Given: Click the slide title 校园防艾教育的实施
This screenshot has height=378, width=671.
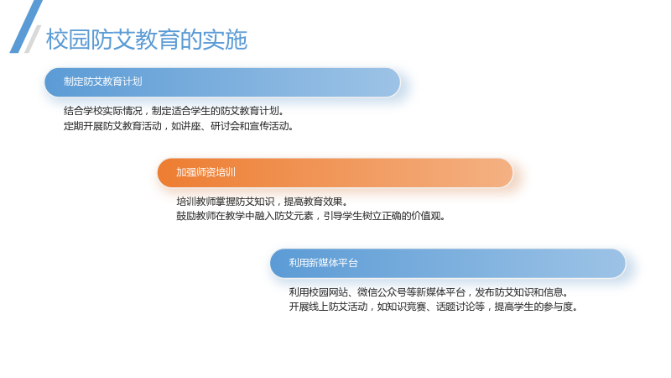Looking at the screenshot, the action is (146, 39).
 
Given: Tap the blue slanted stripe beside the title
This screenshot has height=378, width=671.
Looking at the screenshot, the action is (26, 27).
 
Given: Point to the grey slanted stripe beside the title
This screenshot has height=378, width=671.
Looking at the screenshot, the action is (33, 39).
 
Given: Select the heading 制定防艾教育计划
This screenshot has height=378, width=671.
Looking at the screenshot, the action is (102, 81).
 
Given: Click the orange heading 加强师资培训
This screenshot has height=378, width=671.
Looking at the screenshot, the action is (205, 172).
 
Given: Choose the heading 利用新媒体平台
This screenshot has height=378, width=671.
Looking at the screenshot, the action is (323, 263).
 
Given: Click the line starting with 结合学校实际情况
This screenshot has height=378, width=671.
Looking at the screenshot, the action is (174, 111).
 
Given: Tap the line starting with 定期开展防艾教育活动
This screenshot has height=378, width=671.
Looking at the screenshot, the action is (179, 126).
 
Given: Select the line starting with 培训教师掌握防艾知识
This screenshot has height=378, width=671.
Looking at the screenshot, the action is (262, 202).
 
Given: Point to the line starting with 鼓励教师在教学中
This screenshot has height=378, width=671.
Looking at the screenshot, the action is (310, 216).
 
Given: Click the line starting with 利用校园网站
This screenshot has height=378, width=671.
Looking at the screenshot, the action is (429, 292).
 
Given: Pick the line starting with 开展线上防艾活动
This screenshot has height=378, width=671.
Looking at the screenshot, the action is (433, 307).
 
